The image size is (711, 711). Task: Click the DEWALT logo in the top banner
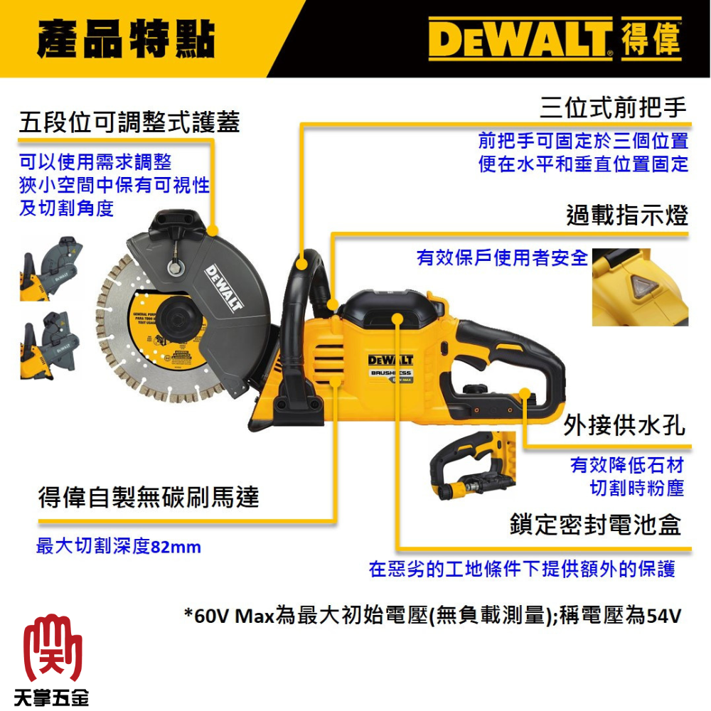click(x=521, y=39)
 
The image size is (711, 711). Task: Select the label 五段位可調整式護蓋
click(x=130, y=122)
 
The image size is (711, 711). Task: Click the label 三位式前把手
click(x=614, y=107)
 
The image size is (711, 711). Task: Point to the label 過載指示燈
click(x=627, y=215)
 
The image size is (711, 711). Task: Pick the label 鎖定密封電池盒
click(x=595, y=525)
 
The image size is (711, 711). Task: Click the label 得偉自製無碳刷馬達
click(x=148, y=497)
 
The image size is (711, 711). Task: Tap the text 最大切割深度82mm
click(x=118, y=547)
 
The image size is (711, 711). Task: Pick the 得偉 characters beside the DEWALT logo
click(x=651, y=39)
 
